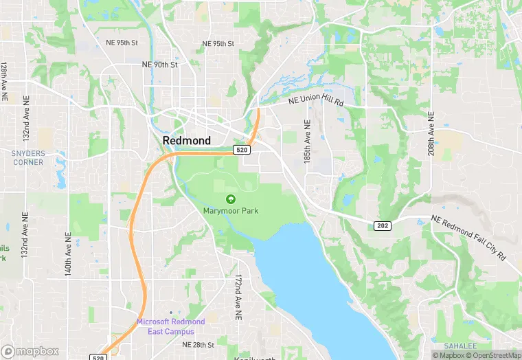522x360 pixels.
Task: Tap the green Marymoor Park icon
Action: click(231, 199)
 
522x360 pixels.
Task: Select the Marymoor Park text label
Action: click(231, 211)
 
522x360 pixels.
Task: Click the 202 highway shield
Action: click(383, 226)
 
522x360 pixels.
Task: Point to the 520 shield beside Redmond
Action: click(241, 149)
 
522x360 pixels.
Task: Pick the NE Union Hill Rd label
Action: click(316, 100)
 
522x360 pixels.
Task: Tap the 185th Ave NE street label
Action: click(308, 142)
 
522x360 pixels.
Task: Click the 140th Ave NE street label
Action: click(68, 254)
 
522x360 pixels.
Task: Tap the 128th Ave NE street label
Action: click(4, 83)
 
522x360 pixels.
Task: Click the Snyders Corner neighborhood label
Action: click(27, 158)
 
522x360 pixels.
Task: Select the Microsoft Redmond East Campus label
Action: click(170, 326)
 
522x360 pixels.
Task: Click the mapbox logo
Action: click(30, 351)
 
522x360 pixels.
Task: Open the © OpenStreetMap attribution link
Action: click(492, 355)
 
